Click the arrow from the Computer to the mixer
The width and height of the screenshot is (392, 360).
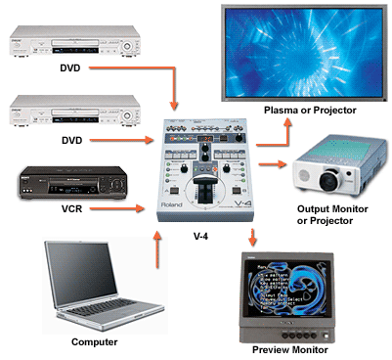coord(157,251)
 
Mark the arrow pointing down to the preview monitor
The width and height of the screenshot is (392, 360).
coord(253,237)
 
